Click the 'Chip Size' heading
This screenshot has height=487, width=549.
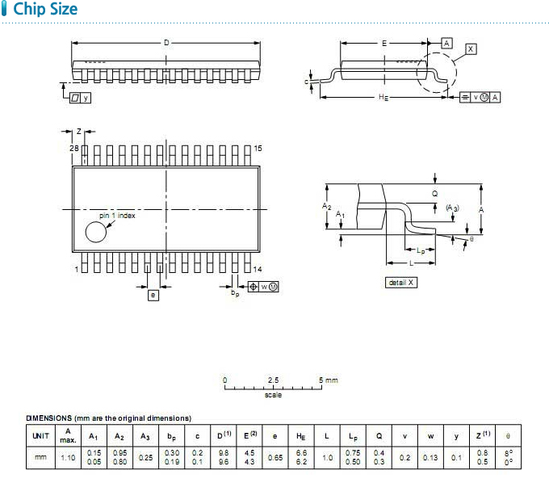45,9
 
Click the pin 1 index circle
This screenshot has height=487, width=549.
95,232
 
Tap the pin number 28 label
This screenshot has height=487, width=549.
74,149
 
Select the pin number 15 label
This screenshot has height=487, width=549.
258,149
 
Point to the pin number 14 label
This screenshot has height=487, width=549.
258,269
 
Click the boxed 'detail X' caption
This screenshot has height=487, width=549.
401,283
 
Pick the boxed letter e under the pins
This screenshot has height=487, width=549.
153,295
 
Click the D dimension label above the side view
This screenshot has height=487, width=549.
166,42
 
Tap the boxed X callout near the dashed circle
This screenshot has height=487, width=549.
471,49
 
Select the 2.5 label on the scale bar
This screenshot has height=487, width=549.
273,380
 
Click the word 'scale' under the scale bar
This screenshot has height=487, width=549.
273,395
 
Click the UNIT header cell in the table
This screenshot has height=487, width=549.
40,436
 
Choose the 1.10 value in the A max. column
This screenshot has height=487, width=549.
68,458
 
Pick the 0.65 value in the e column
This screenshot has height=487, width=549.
275,458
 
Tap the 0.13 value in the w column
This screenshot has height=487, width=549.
430,458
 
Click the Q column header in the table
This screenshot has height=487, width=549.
379,436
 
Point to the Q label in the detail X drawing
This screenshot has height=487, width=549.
434,194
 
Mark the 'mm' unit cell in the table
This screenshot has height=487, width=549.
40,457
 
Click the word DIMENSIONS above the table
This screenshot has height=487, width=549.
49,418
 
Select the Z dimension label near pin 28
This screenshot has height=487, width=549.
79,132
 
